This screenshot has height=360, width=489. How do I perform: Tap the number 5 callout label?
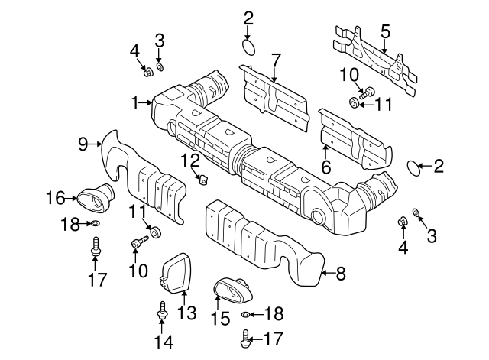coord(385,31)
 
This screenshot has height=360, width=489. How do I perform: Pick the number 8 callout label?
coord(341,271)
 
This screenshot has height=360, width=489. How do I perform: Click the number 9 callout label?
coord(83,141)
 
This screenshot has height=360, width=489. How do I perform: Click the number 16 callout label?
coord(51,199)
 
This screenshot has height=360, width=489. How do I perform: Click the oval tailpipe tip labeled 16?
coord(92,199)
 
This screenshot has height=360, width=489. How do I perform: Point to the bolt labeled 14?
coord(163,312)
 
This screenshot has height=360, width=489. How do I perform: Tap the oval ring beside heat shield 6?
coord(413,166)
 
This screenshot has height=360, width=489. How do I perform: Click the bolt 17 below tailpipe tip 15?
coord(244,336)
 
